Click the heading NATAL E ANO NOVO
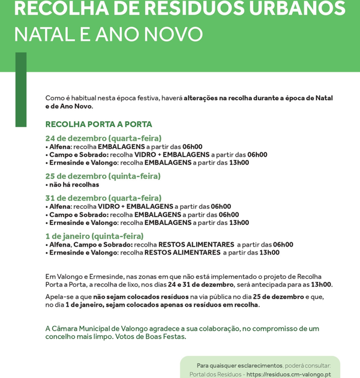pos(108,34)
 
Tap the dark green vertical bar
pos(21,90)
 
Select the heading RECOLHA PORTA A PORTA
pos(98,124)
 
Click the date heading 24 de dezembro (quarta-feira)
pos(103,138)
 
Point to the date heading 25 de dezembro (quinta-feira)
pos(103,176)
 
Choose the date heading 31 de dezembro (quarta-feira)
pos(103,198)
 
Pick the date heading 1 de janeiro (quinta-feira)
pos(94,236)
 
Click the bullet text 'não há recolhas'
pos(74,185)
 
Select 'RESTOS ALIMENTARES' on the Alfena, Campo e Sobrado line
pos(196,245)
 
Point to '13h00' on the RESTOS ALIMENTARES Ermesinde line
pos(269,253)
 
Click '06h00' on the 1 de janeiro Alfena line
pos(283,245)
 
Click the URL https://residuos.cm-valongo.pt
pos(289,374)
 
